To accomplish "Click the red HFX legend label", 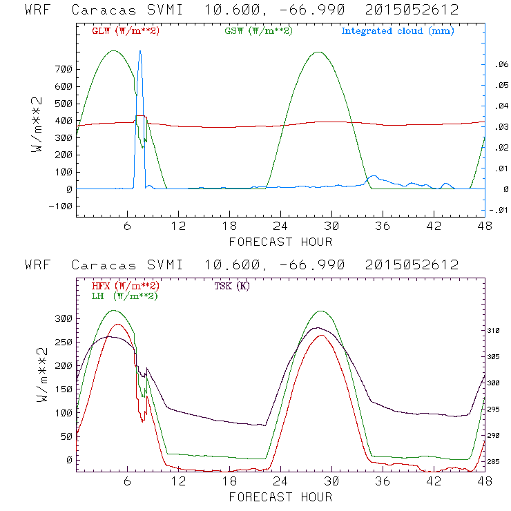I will click(125, 286).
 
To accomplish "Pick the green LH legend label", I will click(125, 296).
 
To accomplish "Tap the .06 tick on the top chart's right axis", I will click(500, 65).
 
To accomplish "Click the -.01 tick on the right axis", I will click(499, 211).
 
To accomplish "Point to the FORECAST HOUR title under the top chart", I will click(280, 242).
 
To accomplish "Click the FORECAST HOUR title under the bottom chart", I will click(280, 496).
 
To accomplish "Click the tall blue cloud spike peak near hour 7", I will click(140, 51).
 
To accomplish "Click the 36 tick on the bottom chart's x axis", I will click(383, 481).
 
